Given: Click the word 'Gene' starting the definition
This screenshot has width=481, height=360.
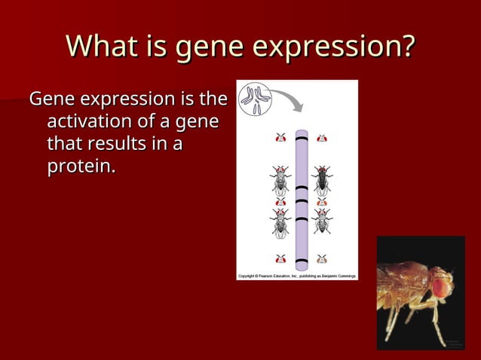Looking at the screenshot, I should pos(52,99).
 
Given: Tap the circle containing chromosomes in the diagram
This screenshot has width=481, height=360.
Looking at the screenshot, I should pos(256,99).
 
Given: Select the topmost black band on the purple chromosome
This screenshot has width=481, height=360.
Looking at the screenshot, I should pos(302,140).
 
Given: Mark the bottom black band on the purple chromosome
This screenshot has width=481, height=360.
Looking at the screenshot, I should pos(302,261).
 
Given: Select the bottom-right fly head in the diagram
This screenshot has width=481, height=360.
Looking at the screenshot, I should pos(322,259).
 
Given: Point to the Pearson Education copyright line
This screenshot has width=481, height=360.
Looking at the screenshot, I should pos(297,276).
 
